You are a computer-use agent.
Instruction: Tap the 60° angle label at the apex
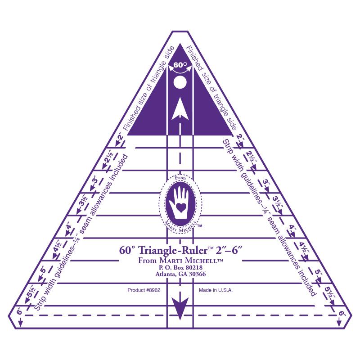(180, 65)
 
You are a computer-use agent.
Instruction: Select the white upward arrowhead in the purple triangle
(180, 109)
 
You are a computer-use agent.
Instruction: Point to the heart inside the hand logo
(180, 207)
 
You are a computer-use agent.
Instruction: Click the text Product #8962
(144, 290)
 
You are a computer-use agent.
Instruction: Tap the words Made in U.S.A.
(216, 290)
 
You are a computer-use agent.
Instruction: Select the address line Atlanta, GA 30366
(180, 274)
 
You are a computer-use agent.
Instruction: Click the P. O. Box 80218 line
(180, 267)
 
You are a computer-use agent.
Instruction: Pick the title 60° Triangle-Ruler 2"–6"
(181, 250)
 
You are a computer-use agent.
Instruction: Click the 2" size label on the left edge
(121, 139)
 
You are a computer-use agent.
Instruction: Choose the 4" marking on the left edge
(69, 228)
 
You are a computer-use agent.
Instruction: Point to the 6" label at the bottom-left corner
(20, 311)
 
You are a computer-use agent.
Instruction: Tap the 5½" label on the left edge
(31, 291)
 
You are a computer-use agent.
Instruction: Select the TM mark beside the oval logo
(200, 226)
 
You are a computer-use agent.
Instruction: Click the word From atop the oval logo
(180, 178)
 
